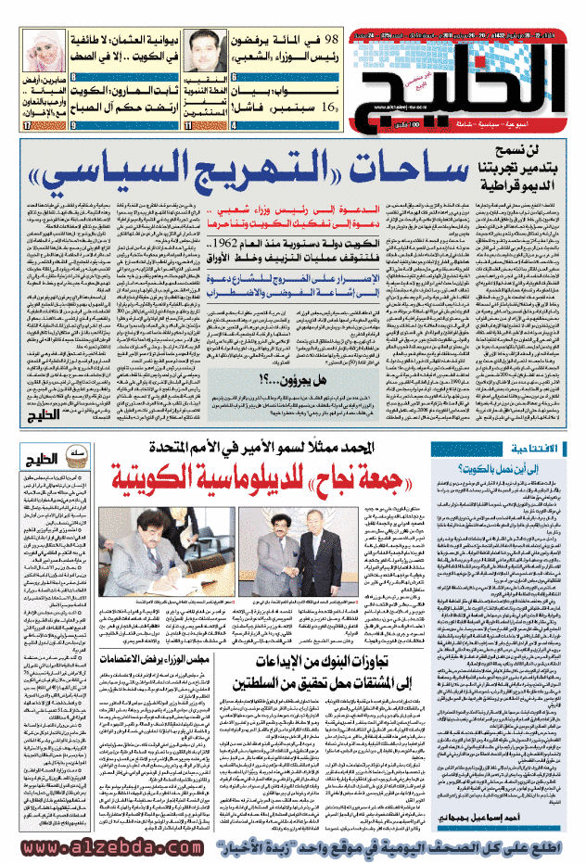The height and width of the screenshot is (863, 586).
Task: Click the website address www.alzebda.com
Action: pos(102,847)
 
